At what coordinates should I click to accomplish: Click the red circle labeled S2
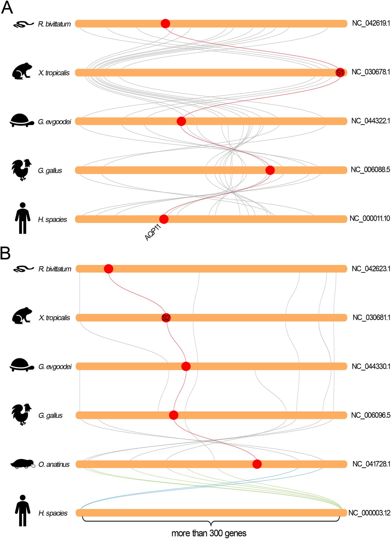tap(166, 318)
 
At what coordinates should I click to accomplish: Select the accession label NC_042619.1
tap(371, 24)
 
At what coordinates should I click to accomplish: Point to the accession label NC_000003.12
tap(369, 513)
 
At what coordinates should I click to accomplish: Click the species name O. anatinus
tap(54, 464)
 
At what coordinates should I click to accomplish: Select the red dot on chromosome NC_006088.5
tap(270, 170)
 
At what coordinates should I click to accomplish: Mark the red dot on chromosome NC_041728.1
tap(257, 464)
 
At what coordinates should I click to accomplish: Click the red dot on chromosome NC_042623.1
tap(108, 269)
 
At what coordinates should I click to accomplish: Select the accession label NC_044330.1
tap(371, 366)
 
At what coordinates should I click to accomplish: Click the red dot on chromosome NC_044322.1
tap(181, 121)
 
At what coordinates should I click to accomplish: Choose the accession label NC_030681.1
tap(371, 318)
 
